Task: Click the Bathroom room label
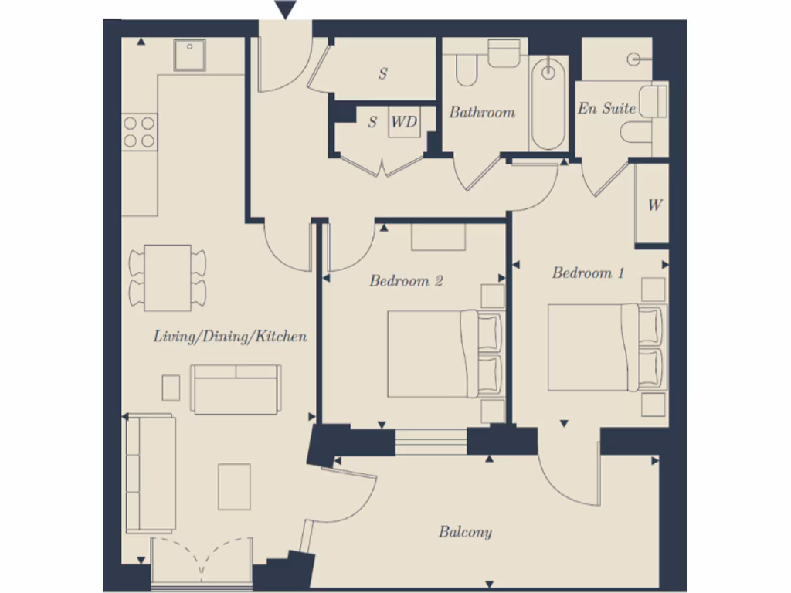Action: point(482,112)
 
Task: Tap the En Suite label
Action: point(606,108)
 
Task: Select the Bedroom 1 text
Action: point(588,273)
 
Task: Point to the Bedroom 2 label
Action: point(406,280)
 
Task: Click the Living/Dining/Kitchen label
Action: point(230,336)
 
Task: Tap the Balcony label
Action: point(465,531)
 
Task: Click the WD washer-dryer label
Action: point(404,122)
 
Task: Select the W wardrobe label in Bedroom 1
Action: point(655,205)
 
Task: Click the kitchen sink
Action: point(189,55)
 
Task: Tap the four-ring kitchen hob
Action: point(139,131)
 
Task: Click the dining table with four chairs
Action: point(168,276)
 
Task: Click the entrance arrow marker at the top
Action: point(286,10)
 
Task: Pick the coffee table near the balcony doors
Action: point(233,486)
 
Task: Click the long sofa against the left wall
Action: point(150,474)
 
